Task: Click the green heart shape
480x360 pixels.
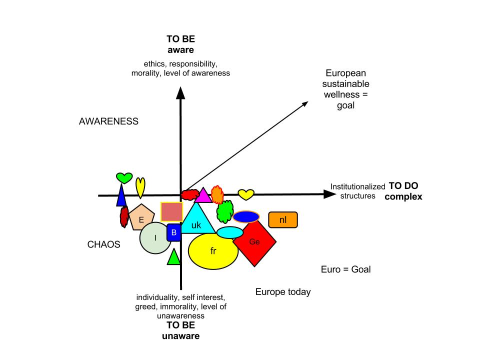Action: pyautogui.click(x=124, y=177)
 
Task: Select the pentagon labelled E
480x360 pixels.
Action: pyautogui.click(x=141, y=217)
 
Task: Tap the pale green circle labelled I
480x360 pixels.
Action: pyautogui.click(x=155, y=238)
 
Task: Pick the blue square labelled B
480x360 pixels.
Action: pyautogui.click(x=173, y=232)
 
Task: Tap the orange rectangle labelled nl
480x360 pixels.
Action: pyautogui.click(x=283, y=220)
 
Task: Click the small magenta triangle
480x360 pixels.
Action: pyautogui.click(x=203, y=195)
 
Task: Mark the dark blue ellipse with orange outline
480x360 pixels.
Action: pyautogui.click(x=246, y=216)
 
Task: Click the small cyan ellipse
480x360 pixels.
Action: pyautogui.click(x=230, y=232)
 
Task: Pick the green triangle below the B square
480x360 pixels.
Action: pyautogui.click(x=173, y=257)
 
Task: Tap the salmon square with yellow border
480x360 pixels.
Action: pyautogui.click(x=171, y=211)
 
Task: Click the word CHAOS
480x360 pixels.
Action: pyautogui.click(x=104, y=245)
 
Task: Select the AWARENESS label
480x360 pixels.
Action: pyautogui.click(x=108, y=121)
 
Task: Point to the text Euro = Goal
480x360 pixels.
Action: pyautogui.click(x=345, y=269)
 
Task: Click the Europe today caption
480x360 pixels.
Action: pyautogui.click(x=283, y=292)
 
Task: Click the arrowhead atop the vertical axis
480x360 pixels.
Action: pyautogui.click(x=180, y=92)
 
